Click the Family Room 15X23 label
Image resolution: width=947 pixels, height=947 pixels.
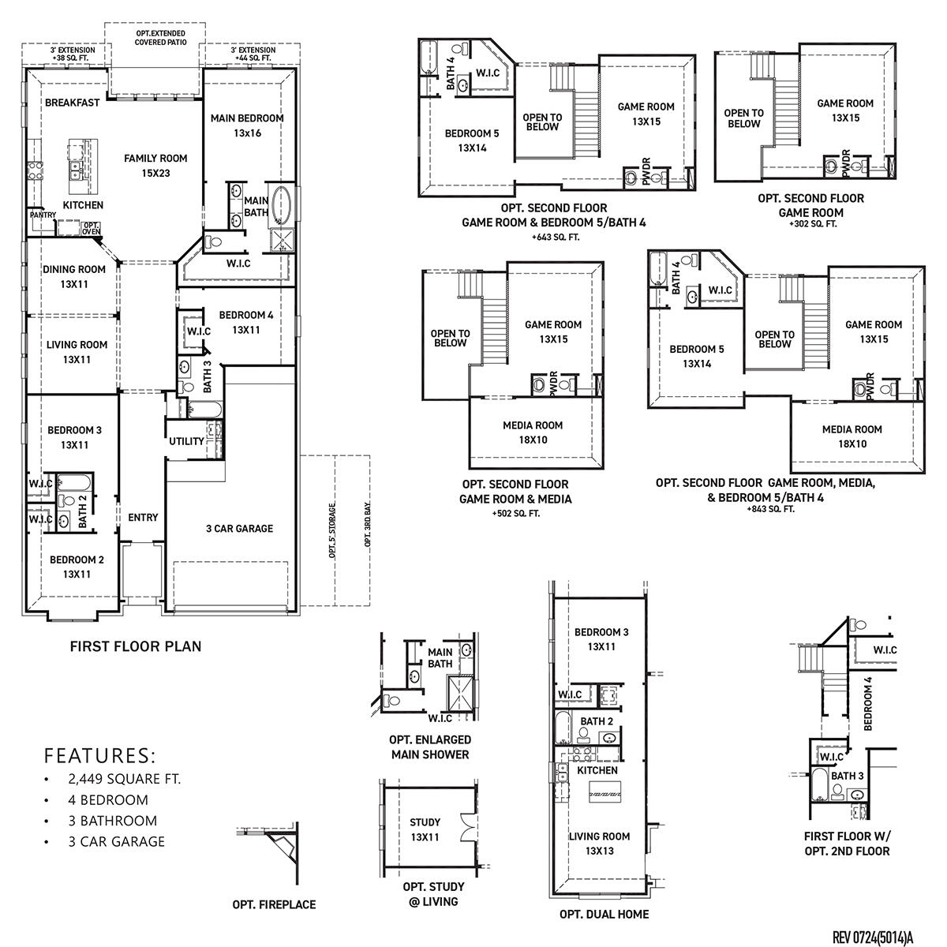pos(155,165)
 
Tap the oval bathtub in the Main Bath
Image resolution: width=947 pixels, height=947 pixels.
pos(281,205)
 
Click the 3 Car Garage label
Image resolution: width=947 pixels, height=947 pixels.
pos(239,529)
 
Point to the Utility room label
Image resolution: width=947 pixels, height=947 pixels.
pos(186,441)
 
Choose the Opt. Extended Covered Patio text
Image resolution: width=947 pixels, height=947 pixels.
pos(160,38)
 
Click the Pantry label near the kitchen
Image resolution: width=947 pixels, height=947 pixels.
pos(42,215)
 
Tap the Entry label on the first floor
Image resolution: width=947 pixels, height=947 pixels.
pos(143,518)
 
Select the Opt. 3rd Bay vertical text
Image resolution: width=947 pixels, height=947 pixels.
pos(368,526)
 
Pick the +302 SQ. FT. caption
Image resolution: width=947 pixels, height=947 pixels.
pos(812,224)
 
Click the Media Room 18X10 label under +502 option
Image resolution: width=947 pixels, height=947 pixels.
pos(533,432)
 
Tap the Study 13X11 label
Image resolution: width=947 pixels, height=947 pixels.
pos(425,829)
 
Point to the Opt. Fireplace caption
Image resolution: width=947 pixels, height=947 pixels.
pos(274,904)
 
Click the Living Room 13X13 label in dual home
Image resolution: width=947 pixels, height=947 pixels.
pos(599,844)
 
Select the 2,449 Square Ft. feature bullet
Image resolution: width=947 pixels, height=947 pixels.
pos(124,779)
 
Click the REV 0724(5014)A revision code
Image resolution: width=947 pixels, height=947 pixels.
pos(872,937)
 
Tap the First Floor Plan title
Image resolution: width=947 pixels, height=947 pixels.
pos(136,646)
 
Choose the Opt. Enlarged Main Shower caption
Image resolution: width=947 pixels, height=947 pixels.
pos(430,747)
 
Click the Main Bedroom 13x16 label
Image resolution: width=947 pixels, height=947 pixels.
pos(247,125)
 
